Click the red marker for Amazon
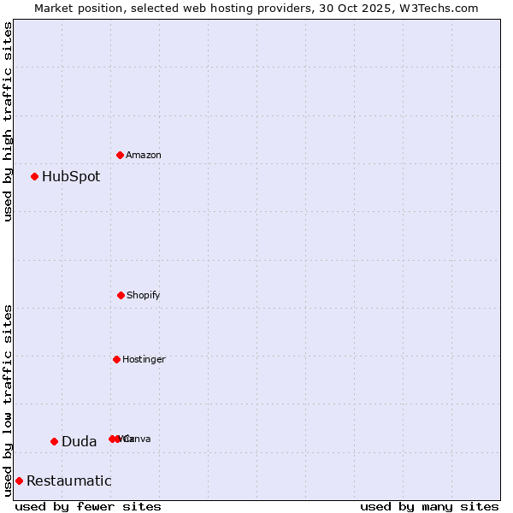[x=121, y=155]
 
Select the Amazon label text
[x=144, y=156]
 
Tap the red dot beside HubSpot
[x=35, y=177]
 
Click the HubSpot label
[x=71, y=177]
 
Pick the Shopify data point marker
[x=121, y=295]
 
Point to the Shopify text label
[x=144, y=296]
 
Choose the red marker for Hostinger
[x=117, y=359]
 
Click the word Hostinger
[x=144, y=360]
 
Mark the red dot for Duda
[x=54, y=441]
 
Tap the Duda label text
[x=79, y=442]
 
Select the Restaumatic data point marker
[x=19, y=481]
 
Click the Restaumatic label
[x=69, y=481]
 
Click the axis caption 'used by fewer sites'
[x=88, y=506]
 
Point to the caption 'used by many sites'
[x=429, y=506]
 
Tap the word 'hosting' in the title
[x=231, y=9]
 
